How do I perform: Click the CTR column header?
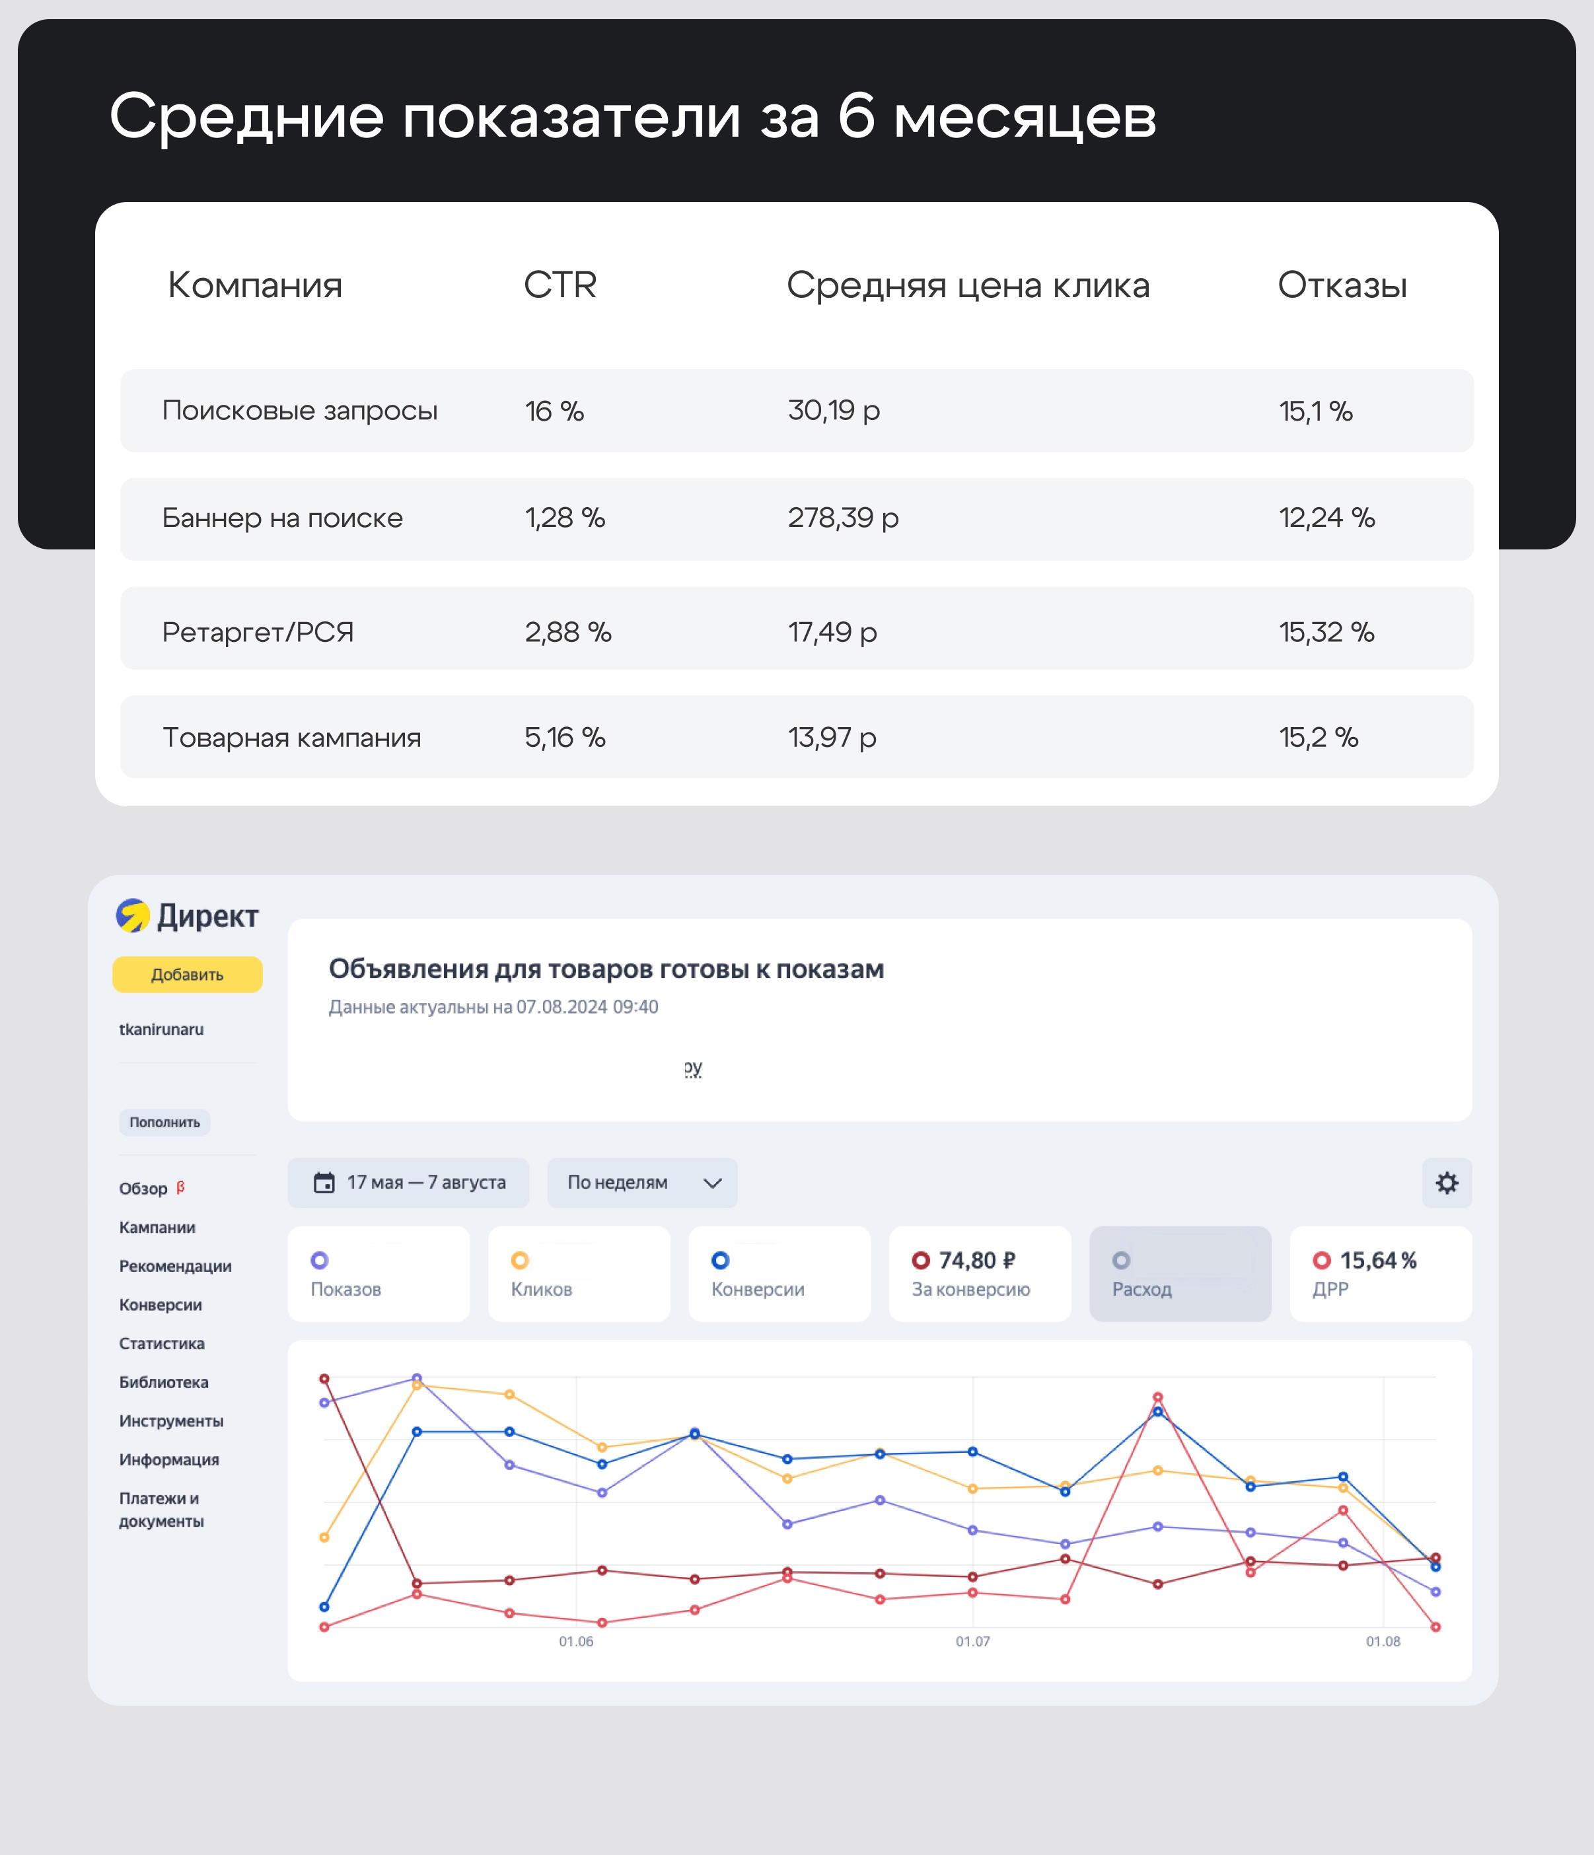click(x=560, y=285)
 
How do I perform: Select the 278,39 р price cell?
click(x=843, y=518)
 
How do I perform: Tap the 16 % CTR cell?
click(x=554, y=411)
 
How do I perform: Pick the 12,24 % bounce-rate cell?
click(x=1326, y=518)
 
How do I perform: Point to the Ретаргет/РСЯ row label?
click(x=258, y=632)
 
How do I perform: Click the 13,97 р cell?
click(x=832, y=738)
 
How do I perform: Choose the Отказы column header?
click(x=1342, y=285)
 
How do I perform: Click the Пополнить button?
click(x=164, y=1123)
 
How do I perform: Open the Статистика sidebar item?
click(x=162, y=1343)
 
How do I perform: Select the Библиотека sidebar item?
click(x=164, y=1382)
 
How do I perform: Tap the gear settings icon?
click(x=1446, y=1183)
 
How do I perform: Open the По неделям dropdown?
click(x=642, y=1183)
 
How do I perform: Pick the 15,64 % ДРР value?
click(x=1377, y=1261)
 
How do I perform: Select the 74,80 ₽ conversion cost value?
click(x=976, y=1261)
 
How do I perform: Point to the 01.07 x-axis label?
click(x=972, y=1641)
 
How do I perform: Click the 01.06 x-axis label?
click(x=576, y=1641)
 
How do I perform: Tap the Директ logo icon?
click(x=133, y=916)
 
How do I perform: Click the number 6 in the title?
click(x=856, y=116)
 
